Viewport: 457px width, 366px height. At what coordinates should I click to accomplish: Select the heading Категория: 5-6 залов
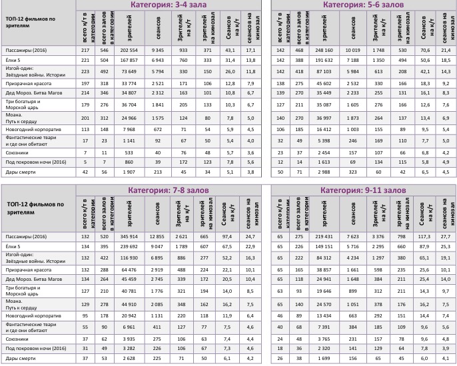point(364,5)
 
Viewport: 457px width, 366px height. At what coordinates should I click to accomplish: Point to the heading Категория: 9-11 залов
point(364,190)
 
